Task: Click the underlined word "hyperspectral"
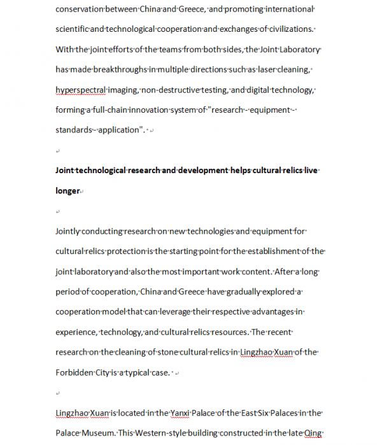click(80, 90)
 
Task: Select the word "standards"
click(74, 130)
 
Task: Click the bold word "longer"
click(67, 190)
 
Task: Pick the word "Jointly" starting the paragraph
click(68, 231)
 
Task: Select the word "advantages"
click(278, 312)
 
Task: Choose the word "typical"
click(150, 372)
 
